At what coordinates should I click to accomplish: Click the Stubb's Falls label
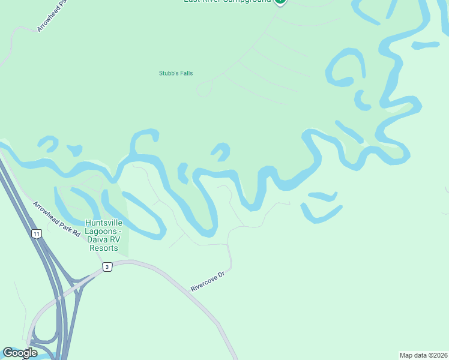pos(175,73)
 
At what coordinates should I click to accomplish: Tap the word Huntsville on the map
pos(104,223)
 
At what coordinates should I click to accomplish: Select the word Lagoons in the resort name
pos(102,231)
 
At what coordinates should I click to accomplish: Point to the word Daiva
pos(97,239)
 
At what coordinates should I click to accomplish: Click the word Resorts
pos(104,248)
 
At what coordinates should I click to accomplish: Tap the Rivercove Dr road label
pos(207,280)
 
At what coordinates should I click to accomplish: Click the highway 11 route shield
pos(37,234)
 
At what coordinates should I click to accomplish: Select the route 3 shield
pos(107,267)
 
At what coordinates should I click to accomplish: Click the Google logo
pos(20,353)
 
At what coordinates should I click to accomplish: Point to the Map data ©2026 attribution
pos(423,355)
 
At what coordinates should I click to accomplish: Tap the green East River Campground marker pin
pos(280,2)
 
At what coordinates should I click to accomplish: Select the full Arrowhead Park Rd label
pos(56,218)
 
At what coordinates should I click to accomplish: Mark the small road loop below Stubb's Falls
pos(205,89)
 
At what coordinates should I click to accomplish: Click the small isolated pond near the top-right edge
pos(426,45)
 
